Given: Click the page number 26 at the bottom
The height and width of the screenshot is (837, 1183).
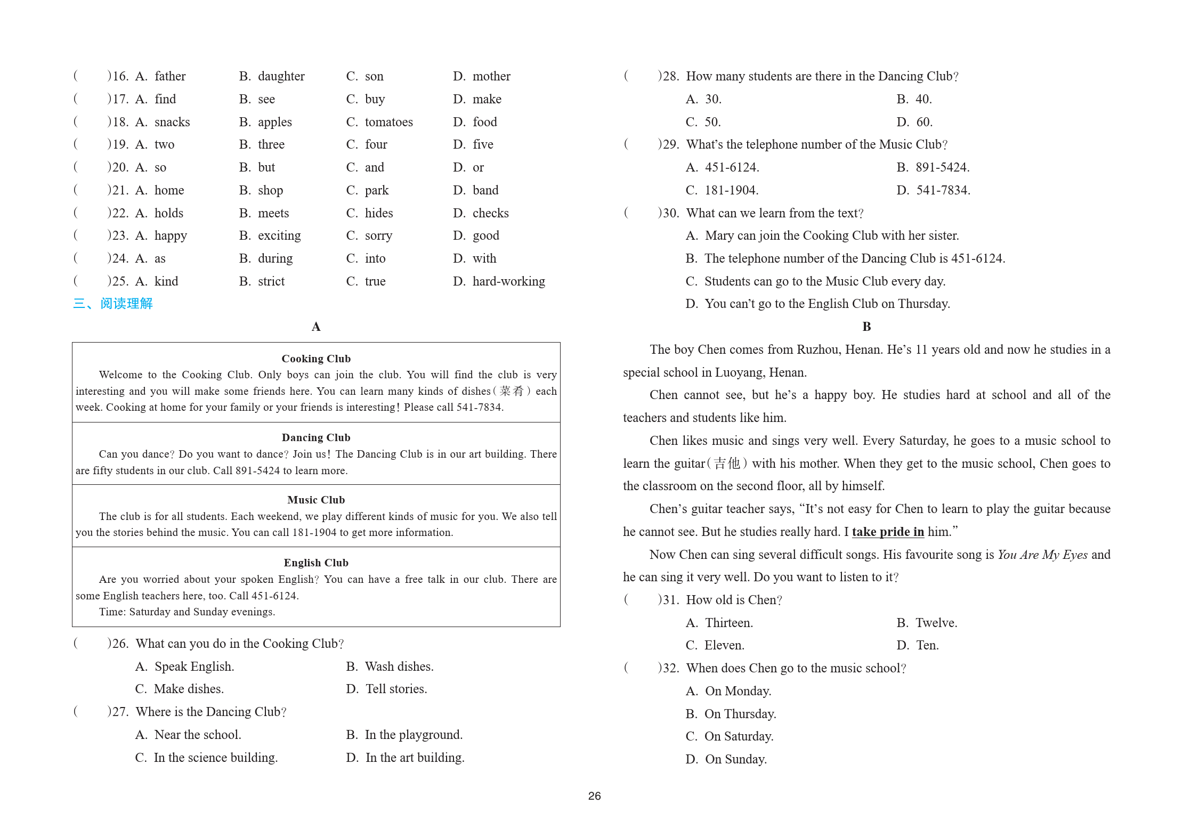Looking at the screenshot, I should (x=594, y=796).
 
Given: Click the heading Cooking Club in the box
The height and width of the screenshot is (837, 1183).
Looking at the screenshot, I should (x=316, y=359).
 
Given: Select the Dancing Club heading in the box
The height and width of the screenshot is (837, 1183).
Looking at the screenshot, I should (x=316, y=437).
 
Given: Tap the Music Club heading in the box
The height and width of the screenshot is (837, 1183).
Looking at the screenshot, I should (x=316, y=500).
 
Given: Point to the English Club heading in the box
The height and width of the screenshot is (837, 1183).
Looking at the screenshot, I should (x=316, y=563).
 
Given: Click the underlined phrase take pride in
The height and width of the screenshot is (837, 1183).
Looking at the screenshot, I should (x=888, y=532).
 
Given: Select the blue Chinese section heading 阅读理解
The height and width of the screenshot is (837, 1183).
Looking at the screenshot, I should (x=126, y=304).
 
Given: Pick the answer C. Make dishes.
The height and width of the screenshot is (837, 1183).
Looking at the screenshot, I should (x=180, y=689).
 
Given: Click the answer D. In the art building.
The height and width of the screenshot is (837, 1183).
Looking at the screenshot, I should (x=405, y=758).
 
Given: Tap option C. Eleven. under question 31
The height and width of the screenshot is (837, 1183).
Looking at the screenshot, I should (x=715, y=645).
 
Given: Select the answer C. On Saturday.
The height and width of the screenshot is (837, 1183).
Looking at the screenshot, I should (x=730, y=736).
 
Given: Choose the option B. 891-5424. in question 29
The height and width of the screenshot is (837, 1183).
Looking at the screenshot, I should (x=933, y=167).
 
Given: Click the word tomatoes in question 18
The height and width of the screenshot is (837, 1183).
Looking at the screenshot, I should (x=388, y=122).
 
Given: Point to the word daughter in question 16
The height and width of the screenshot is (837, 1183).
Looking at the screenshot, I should (x=281, y=76).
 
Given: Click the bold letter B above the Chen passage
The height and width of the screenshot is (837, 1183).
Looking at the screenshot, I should (x=866, y=327).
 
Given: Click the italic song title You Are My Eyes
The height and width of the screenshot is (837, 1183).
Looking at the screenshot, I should (x=1042, y=555).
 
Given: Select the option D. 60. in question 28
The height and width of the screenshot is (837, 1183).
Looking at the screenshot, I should (x=914, y=122).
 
